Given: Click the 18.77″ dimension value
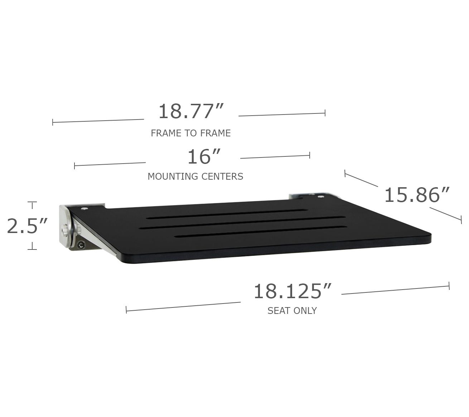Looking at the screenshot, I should click(191, 111).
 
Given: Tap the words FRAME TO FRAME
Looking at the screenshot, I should click(190, 133).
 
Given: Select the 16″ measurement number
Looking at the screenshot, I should click(204, 157).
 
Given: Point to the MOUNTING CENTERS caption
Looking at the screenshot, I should click(195, 176).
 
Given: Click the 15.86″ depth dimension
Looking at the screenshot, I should click(417, 195).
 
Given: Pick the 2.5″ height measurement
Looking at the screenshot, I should click(27, 226).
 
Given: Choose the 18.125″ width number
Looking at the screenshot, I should click(292, 291).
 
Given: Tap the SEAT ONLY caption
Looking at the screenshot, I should click(292, 311).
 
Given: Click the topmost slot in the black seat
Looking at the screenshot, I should click(227, 213).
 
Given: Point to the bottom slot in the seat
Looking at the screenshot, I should click(260, 231).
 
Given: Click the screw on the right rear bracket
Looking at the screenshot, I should click(320, 196).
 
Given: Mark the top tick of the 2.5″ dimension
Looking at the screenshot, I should click(32, 203).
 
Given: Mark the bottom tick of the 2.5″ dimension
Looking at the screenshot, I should click(32, 249).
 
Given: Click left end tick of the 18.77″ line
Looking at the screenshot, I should click(53, 122).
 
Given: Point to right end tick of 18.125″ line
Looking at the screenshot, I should click(449, 286).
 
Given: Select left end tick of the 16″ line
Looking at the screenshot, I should click(74, 166).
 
